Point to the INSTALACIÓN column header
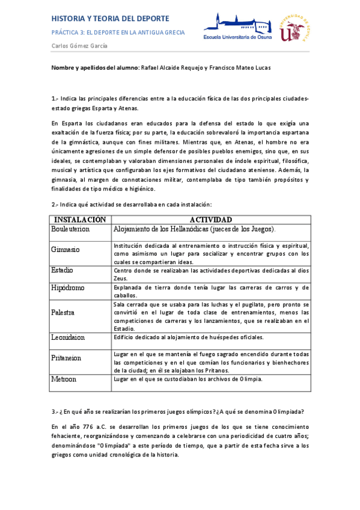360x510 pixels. click(x=80, y=220)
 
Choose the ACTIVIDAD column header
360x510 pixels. click(x=210, y=220)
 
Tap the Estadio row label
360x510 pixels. click(x=63, y=270)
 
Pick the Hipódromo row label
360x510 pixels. click(x=68, y=287)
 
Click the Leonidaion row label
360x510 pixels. click(x=68, y=337)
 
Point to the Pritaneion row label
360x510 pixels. click(x=67, y=358)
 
